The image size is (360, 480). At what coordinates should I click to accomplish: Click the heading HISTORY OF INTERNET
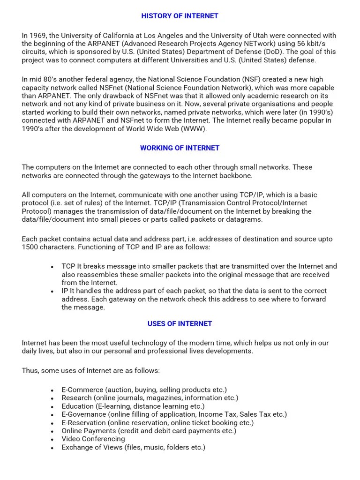click(x=180, y=16)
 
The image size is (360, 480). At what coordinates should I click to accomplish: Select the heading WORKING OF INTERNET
click(x=180, y=148)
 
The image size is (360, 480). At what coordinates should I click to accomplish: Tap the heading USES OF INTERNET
click(x=180, y=323)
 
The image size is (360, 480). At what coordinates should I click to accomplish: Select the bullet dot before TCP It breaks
click(x=52, y=267)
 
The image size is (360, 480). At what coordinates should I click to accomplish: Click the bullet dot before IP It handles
click(x=52, y=292)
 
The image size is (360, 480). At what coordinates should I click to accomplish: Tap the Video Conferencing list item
click(x=93, y=439)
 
